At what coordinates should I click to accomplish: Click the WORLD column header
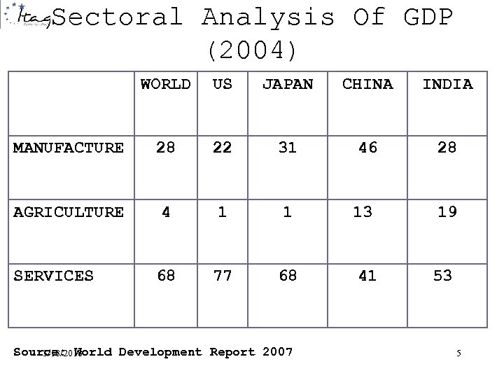[x=165, y=85]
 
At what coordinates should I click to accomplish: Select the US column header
[x=222, y=85]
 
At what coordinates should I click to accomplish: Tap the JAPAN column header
[x=288, y=85]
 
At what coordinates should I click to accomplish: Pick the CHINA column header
[x=367, y=85]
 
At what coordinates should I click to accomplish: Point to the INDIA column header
[x=447, y=85]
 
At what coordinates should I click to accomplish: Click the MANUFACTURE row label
[x=69, y=148]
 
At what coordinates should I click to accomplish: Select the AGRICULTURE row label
[x=69, y=212]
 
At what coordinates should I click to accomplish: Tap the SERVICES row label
[x=53, y=276]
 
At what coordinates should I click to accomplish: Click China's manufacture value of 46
[x=367, y=147]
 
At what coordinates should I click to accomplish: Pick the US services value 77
[x=222, y=276]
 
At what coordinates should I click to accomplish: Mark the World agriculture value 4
[x=166, y=211]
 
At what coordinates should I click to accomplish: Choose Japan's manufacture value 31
[x=288, y=147]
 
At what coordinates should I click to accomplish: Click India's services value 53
[x=442, y=276]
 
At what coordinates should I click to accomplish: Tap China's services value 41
[x=367, y=276]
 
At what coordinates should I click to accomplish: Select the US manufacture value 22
[x=222, y=147]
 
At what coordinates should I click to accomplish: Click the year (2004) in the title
[x=252, y=50]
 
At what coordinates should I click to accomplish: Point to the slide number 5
[x=458, y=353]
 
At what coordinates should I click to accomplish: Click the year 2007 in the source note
[x=276, y=351]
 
